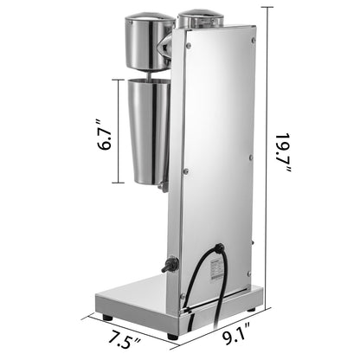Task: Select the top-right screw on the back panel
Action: (254, 39)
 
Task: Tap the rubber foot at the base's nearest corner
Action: (172, 335)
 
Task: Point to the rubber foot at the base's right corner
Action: (254, 307)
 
